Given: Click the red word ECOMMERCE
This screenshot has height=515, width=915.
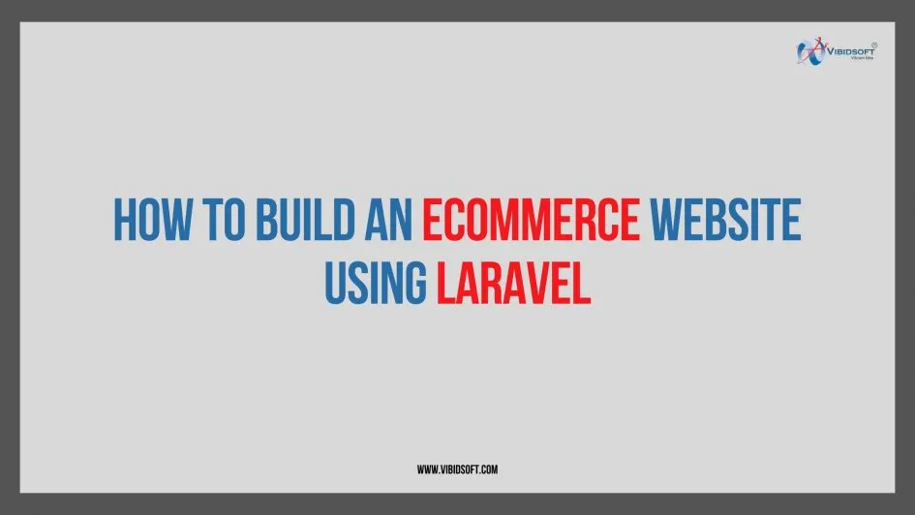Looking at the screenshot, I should click(x=531, y=220).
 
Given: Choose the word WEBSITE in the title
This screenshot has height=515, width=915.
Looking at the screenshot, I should click(x=725, y=220).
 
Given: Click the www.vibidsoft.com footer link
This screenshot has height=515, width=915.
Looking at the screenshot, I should click(x=457, y=470).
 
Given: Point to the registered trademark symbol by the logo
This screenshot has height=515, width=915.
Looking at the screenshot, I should click(x=875, y=44).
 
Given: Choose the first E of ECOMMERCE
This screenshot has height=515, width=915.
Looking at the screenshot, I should click(x=432, y=220).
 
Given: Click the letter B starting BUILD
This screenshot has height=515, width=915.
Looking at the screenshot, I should click(x=267, y=220).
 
